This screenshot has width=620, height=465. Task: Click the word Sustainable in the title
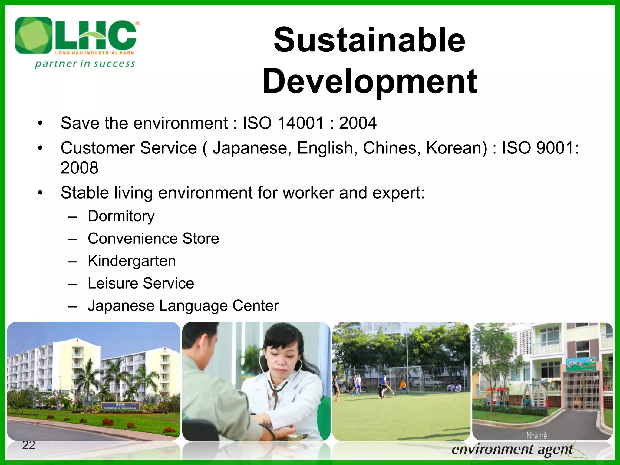point(369,40)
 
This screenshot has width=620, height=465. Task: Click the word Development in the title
point(370,81)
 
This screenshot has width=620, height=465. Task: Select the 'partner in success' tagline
point(85,64)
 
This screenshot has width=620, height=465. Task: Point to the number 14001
point(301,123)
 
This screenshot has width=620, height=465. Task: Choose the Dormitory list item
point(121,216)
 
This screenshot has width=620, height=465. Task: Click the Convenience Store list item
point(153,239)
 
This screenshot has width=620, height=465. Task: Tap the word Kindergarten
point(132,261)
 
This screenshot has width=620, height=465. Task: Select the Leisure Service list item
point(141,283)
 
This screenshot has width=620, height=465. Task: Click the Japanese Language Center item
point(183,306)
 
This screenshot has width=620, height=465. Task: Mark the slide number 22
point(29,445)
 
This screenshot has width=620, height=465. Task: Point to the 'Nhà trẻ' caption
point(536,435)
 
